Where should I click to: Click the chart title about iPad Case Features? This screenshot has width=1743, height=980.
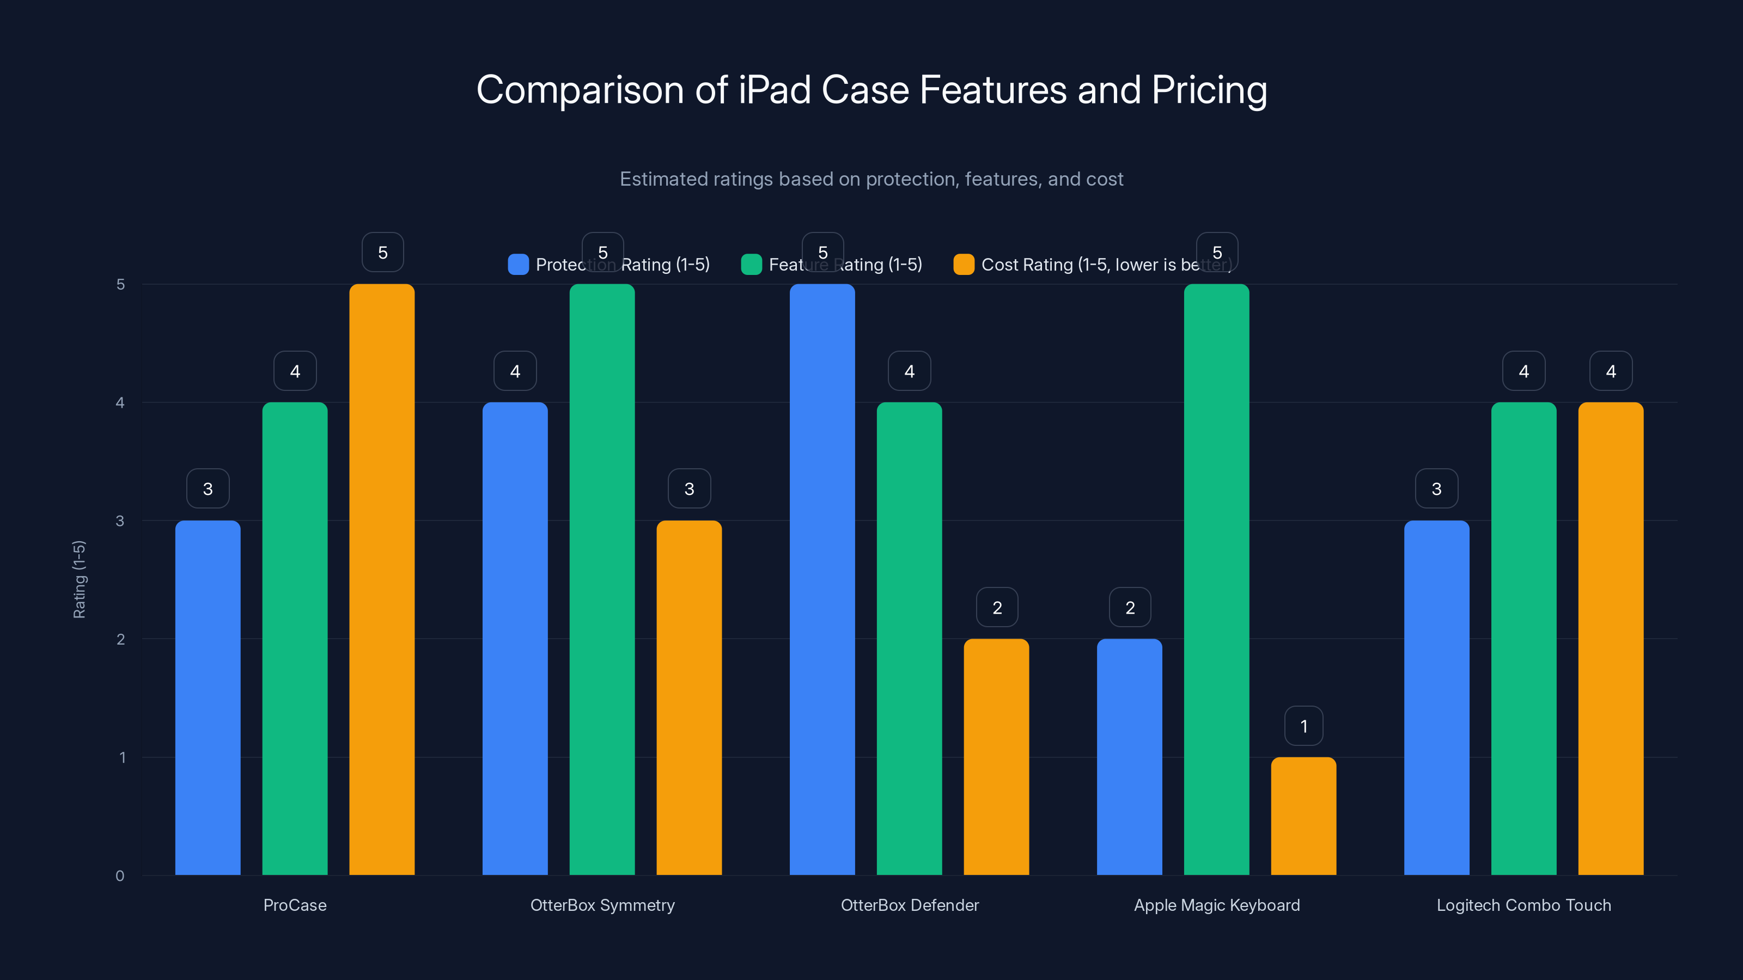(871, 90)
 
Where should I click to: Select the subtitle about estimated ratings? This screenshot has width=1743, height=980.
(871, 179)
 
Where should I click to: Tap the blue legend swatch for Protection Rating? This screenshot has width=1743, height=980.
(519, 265)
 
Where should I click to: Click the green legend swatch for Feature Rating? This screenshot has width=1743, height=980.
(751, 265)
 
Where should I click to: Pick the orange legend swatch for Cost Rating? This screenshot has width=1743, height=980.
(964, 265)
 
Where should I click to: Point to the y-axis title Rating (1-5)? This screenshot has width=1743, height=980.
(79, 580)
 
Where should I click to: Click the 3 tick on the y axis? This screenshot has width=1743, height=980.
(120, 521)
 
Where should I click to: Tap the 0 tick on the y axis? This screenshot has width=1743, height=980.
(120, 876)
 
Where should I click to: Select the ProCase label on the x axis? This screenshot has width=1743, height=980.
(295, 905)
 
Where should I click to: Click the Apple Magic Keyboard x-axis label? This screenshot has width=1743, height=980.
(1217, 905)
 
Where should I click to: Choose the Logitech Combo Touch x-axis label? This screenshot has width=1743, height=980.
(1524, 905)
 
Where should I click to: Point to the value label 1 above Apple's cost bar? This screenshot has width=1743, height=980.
(1304, 726)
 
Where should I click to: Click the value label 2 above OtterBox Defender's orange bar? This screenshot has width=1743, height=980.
(997, 608)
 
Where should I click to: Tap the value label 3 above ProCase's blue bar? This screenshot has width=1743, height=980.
(208, 489)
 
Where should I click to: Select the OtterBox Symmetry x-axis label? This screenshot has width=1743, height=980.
(602, 905)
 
